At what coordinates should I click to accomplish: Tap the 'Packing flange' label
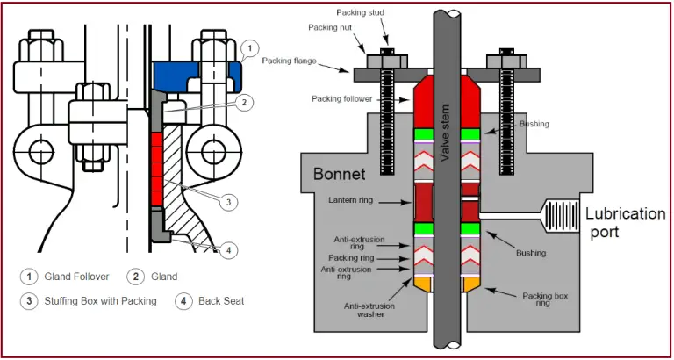click(290, 61)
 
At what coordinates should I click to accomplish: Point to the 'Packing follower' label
click(341, 98)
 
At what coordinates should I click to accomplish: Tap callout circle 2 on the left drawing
click(247, 103)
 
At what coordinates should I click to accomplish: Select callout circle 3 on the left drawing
click(228, 202)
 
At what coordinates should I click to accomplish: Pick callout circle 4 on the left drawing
click(228, 250)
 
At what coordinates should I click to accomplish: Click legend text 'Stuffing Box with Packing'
click(100, 301)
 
